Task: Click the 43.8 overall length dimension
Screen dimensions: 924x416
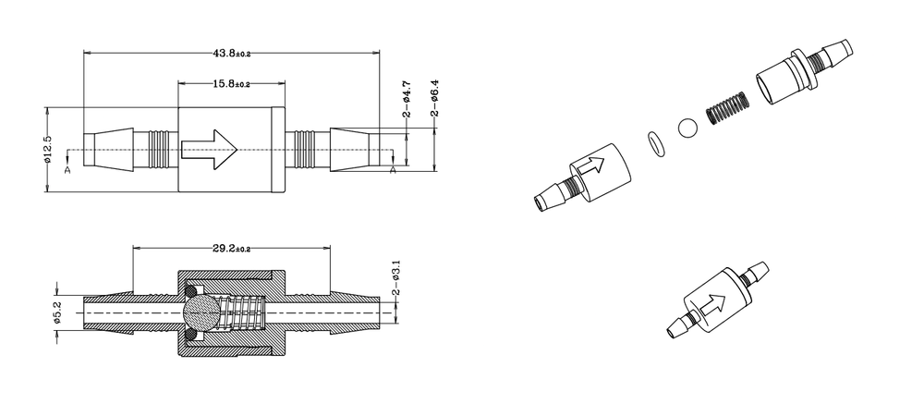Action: (232, 53)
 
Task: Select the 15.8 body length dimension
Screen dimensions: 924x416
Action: (232, 84)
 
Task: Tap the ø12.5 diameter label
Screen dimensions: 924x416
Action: (48, 149)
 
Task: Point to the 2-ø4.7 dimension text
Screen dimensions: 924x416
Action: (407, 100)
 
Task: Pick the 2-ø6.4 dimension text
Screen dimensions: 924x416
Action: (435, 97)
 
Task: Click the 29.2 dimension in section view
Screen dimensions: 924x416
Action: (232, 249)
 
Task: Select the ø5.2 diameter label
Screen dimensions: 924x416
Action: (57, 312)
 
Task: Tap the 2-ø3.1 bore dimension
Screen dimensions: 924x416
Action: (396, 277)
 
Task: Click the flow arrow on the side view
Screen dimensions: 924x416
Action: (209, 150)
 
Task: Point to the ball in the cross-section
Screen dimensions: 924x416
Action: (201, 312)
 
